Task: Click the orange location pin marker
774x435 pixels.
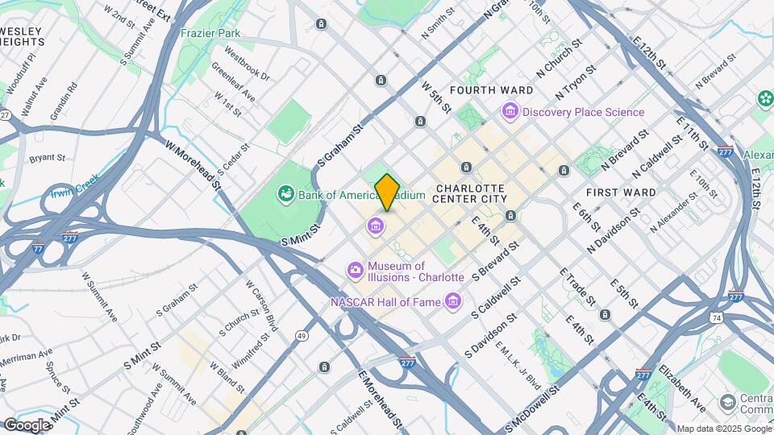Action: click(x=387, y=193)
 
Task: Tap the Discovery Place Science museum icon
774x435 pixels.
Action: click(x=509, y=112)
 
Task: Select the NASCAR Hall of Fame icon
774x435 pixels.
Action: click(x=453, y=302)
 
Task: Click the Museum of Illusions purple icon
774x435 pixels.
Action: click(x=355, y=271)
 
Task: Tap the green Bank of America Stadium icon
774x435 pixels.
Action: click(x=285, y=194)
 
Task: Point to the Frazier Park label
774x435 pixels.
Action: click(x=210, y=34)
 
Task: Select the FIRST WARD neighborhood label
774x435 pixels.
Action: click(x=621, y=193)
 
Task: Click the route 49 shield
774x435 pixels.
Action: click(x=302, y=335)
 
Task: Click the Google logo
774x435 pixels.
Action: click(x=27, y=425)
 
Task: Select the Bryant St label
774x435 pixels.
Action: click(x=47, y=158)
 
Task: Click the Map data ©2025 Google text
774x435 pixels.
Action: click(x=723, y=429)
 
